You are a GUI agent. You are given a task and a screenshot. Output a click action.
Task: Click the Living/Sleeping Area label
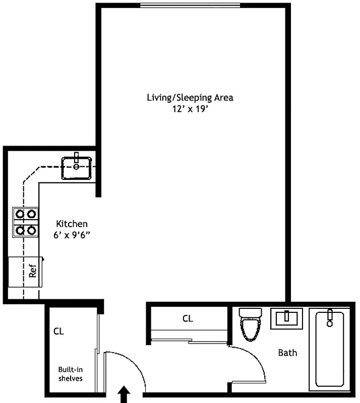pyautogui.click(x=190, y=97)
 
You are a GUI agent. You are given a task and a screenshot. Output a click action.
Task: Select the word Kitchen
pyautogui.click(x=72, y=224)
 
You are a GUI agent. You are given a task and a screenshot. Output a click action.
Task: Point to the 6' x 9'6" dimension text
pyautogui.click(x=72, y=235)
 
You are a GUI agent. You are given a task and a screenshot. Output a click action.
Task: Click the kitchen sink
pyautogui.click(x=77, y=168)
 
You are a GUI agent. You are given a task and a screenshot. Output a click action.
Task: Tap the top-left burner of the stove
pyautogui.click(x=20, y=214)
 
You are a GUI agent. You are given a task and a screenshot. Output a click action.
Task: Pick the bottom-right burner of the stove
pyautogui.click(x=32, y=230)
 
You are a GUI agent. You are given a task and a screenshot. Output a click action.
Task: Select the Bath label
pyautogui.click(x=288, y=353)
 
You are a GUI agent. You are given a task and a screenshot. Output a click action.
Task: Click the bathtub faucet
pyautogui.click(x=330, y=317)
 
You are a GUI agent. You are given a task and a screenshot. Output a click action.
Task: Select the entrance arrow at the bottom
pyautogui.click(x=124, y=395)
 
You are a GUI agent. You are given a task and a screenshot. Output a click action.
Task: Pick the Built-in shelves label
pyautogui.click(x=70, y=373)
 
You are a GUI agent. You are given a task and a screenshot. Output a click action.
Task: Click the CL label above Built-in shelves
pyautogui.click(x=59, y=332)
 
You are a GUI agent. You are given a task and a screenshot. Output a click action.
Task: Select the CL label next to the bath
pyautogui.click(x=188, y=318)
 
